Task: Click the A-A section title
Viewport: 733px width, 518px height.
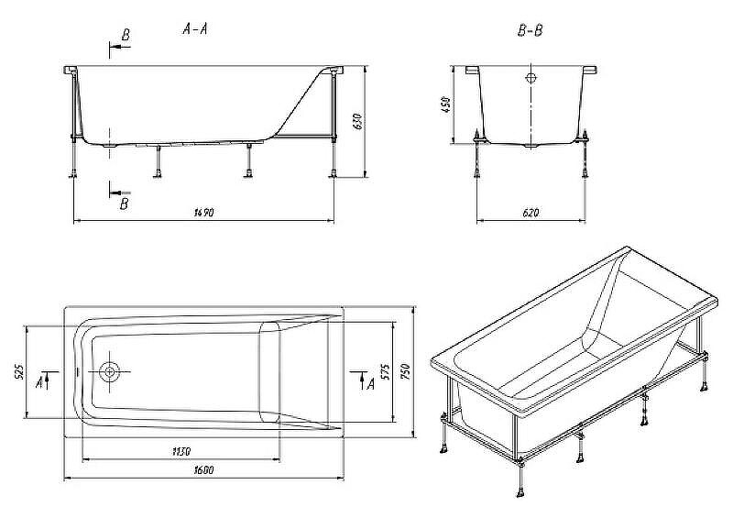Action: [x=195, y=29]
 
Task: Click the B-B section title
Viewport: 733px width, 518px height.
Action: [x=531, y=31]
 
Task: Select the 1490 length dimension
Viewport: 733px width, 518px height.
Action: [x=203, y=213]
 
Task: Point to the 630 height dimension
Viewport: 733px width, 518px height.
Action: [x=357, y=122]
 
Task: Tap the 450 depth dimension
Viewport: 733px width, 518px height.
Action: [x=445, y=105]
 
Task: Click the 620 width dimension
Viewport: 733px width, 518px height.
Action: [x=531, y=213]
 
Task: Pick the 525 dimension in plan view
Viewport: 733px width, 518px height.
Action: [x=19, y=371]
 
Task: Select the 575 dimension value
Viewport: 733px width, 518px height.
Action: [x=386, y=372]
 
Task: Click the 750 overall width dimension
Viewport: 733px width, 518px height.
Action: [x=406, y=372]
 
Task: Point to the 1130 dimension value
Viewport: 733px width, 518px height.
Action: [x=181, y=452]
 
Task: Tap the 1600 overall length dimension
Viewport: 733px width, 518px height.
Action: [x=203, y=469]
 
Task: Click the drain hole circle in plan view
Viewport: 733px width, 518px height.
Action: [x=109, y=372]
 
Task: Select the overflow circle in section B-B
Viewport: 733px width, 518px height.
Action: [x=531, y=78]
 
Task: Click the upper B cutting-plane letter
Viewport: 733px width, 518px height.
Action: [x=126, y=35]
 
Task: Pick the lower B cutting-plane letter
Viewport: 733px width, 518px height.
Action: [x=124, y=204]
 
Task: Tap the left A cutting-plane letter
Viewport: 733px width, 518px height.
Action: [x=39, y=383]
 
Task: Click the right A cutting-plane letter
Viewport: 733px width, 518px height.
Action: [x=371, y=384]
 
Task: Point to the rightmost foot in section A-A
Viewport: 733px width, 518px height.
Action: [x=334, y=174]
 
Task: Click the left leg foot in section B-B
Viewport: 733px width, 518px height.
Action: [x=476, y=174]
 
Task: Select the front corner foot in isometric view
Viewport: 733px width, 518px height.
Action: [x=520, y=493]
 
